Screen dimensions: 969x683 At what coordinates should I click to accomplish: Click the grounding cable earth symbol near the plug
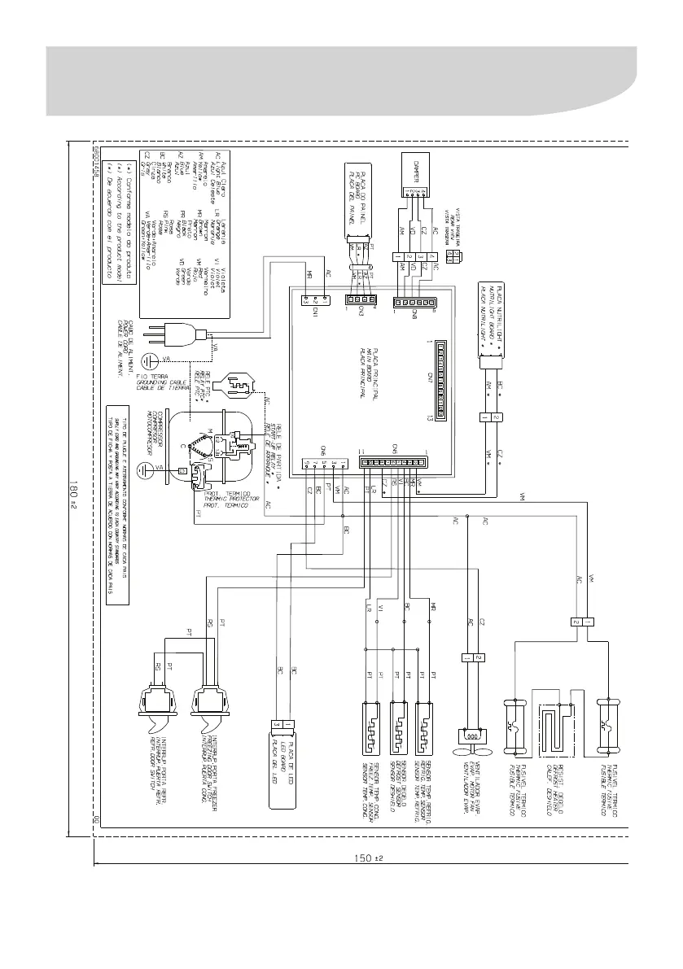point(148,361)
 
